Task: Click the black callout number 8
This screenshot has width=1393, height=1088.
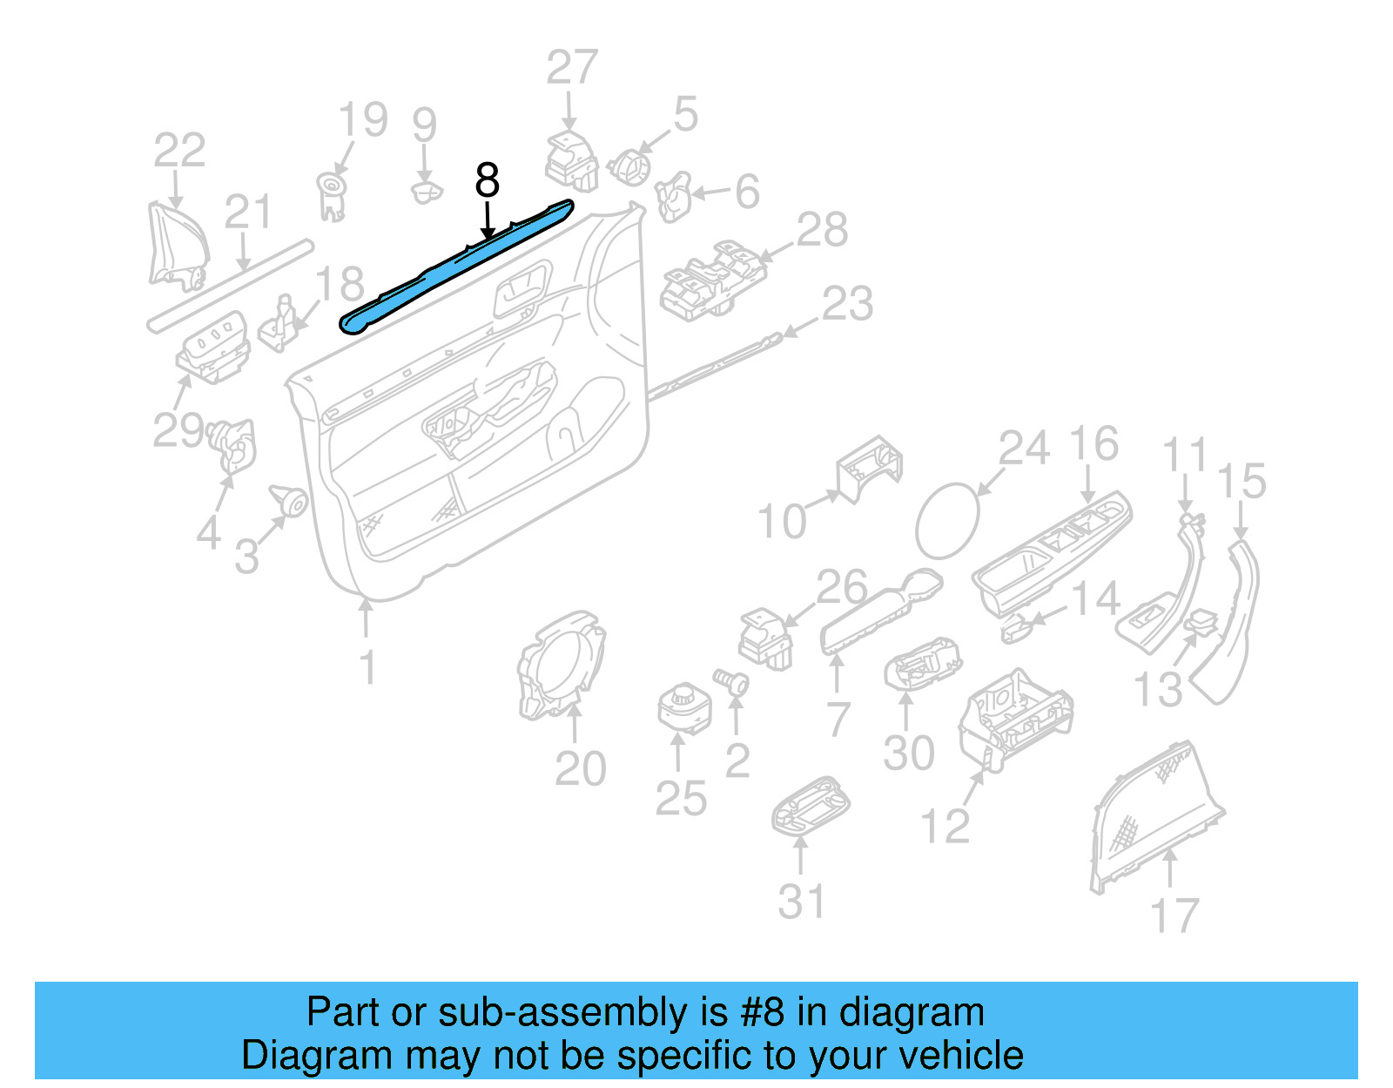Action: tap(487, 180)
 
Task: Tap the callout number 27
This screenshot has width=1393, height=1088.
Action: tap(572, 67)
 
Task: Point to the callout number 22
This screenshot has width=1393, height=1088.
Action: tap(179, 150)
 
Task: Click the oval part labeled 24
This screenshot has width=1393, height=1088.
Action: tap(947, 521)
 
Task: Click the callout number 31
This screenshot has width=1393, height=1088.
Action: tap(801, 901)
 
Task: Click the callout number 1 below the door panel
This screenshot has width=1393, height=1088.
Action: tap(367, 667)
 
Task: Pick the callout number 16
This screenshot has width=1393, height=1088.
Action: tap(1094, 443)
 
